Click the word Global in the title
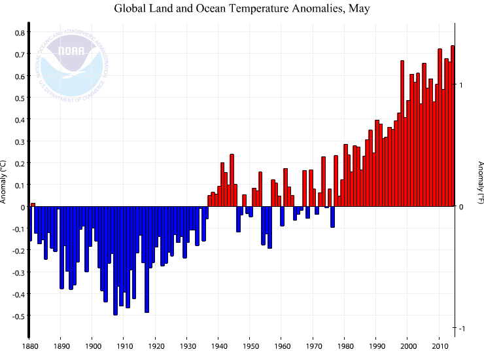click(x=131, y=9)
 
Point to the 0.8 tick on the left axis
click(x=20, y=33)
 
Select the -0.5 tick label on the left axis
click(x=18, y=316)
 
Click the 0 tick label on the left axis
click(x=22, y=207)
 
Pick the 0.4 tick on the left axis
click(x=20, y=120)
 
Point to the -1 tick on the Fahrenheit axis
click(x=461, y=328)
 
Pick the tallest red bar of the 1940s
click(x=232, y=181)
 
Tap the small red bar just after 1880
click(x=33, y=205)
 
